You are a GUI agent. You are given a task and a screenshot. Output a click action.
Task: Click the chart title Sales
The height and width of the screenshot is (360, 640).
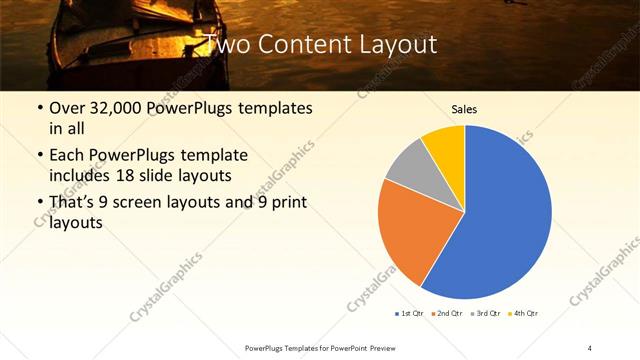pos(464,108)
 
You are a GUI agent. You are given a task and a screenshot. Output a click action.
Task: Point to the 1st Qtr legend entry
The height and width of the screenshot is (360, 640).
pos(408,313)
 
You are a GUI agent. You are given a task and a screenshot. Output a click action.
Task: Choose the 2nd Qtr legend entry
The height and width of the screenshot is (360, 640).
pos(445,313)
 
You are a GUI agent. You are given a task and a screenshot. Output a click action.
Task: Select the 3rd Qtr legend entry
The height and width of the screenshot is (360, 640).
pos(484,313)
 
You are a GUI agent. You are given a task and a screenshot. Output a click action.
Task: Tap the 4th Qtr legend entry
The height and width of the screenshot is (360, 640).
pos(523,313)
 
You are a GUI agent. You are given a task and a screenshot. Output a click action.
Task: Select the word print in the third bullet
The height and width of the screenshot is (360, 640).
pos(285,204)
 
